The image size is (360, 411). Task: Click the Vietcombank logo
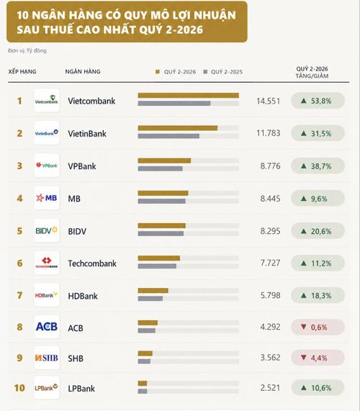tap(47, 101)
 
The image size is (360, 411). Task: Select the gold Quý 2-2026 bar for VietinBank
tap(178, 128)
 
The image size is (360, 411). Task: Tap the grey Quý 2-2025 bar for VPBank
tap(161, 168)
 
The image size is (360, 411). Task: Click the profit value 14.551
tap(269, 101)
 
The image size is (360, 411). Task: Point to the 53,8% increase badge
tap(318, 101)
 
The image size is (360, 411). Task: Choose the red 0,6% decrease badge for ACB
tap(318, 327)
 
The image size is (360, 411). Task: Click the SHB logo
tap(47, 358)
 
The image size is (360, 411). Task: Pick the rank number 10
tap(19, 388)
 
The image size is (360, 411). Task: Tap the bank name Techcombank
tap(92, 263)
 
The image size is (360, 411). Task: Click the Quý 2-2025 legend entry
tap(223, 72)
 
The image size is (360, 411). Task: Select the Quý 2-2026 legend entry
tap(176, 72)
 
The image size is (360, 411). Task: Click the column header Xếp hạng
tap(22, 71)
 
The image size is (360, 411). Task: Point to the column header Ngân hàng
tap(83, 71)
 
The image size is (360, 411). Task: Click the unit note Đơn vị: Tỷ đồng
tap(27, 50)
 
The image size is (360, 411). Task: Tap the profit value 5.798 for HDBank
tap(270, 295)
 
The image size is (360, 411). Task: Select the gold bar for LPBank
tap(143, 384)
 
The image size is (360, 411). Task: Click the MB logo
tap(47, 198)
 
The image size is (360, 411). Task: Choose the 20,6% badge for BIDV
tap(318, 231)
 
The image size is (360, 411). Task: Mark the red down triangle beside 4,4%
tap(304, 357)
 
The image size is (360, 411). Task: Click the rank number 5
tap(19, 231)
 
